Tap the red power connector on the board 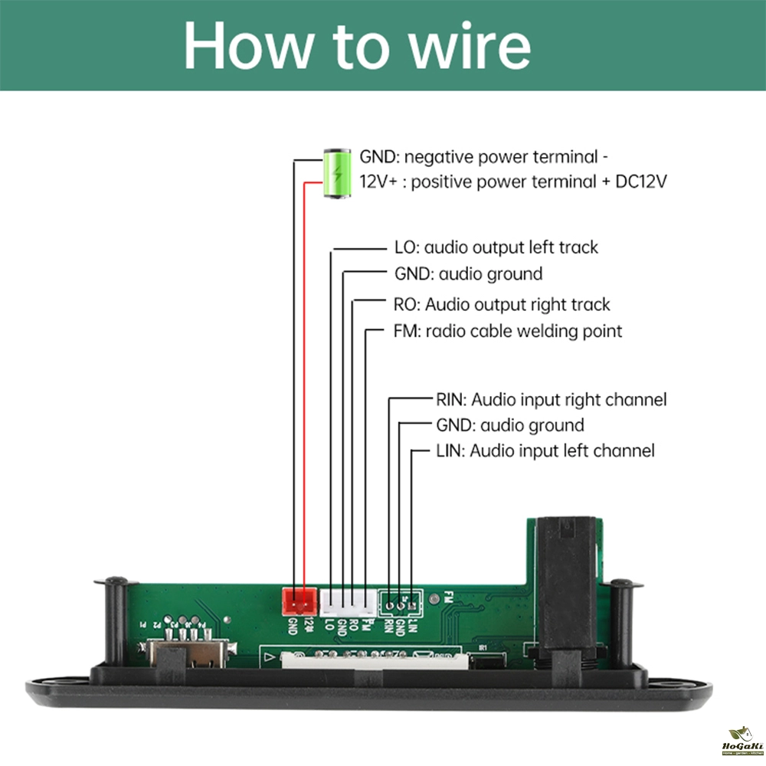[298, 601]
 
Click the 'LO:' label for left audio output [404, 247]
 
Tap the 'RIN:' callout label [450, 399]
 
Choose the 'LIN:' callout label [450, 450]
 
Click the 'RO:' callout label [407, 304]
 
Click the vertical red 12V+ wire [304, 383]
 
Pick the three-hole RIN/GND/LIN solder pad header [401, 604]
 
